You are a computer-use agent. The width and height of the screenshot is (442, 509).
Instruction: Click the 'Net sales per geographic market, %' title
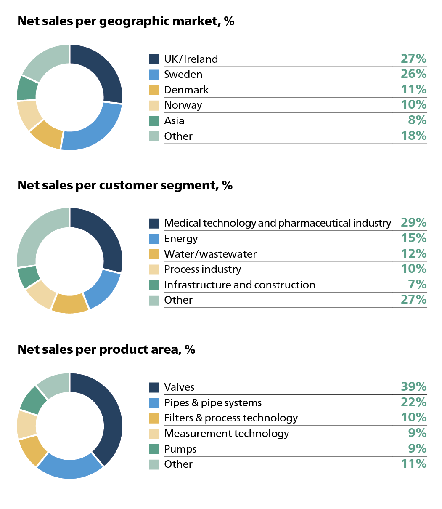click(126, 21)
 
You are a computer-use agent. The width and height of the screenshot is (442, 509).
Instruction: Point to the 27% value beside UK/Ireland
click(413, 59)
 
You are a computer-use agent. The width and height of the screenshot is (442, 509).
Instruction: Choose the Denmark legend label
click(186, 90)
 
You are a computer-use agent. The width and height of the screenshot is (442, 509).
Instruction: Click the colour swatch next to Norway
click(154, 105)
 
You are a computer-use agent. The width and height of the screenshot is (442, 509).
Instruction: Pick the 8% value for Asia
click(417, 120)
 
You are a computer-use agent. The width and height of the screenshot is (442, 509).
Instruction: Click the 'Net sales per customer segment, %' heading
click(125, 185)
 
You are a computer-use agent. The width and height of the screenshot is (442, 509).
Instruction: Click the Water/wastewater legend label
click(210, 254)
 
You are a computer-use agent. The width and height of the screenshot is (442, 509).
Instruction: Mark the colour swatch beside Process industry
click(154, 269)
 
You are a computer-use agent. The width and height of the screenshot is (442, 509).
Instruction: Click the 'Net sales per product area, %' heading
click(106, 349)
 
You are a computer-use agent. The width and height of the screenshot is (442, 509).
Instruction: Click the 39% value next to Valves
click(413, 386)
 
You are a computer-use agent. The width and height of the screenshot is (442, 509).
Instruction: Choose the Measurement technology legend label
click(226, 433)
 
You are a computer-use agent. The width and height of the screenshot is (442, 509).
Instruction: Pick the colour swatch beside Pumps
click(154, 449)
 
